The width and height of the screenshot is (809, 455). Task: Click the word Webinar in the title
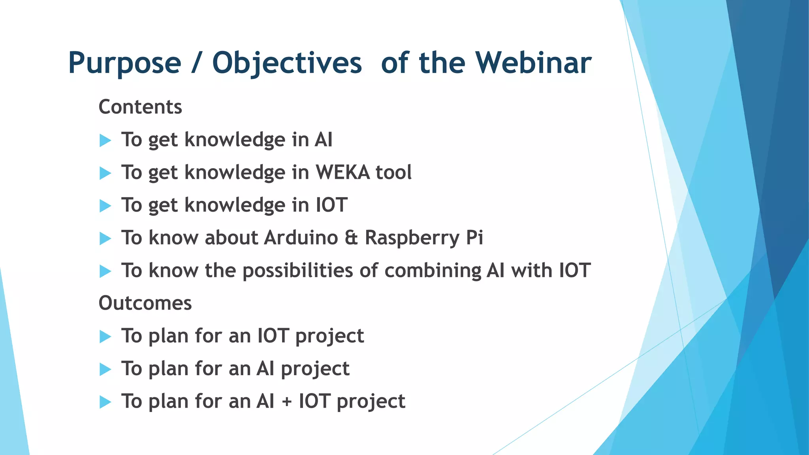tap(533, 63)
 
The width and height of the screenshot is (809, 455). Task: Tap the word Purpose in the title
tap(124, 63)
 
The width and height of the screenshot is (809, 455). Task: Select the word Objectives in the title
tap(287, 63)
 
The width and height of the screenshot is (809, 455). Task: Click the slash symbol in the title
tap(196, 63)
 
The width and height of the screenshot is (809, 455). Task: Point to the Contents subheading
tap(140, 107)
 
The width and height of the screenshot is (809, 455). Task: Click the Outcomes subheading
tap(145, 303)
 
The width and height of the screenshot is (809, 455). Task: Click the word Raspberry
tap(412, 238)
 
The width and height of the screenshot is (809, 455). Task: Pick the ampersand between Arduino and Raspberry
tap(351, 238)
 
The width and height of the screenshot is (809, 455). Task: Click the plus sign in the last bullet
tap(286, 402)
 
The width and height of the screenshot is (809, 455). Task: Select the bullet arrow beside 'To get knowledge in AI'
tap(105, 140)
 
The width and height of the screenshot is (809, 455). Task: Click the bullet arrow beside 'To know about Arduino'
tap(105, 238)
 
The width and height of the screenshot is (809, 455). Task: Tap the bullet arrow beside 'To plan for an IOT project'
tap(105, 337)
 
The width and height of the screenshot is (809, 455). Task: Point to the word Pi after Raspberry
tap(474, 238)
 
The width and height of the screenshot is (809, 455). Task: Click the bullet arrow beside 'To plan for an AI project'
tap(105, 369)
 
